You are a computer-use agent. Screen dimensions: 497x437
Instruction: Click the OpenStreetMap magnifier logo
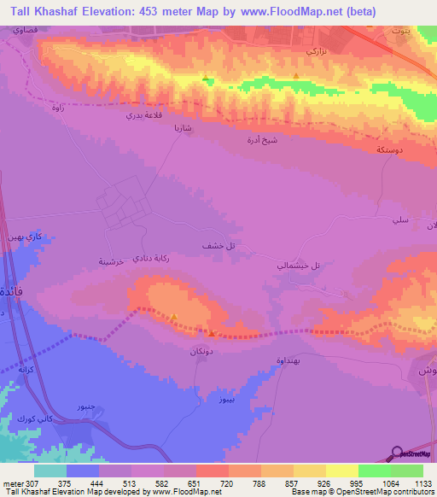click(x=398, y=453)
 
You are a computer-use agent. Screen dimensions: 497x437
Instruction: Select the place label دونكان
click(x=201, y=350)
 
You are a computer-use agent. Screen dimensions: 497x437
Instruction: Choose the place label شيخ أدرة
click(x=260, y=139)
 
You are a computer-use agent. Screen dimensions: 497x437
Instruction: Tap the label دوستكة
click(x=391, y=149)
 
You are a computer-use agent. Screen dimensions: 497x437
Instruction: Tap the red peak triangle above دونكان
click(x=212, y=334)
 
